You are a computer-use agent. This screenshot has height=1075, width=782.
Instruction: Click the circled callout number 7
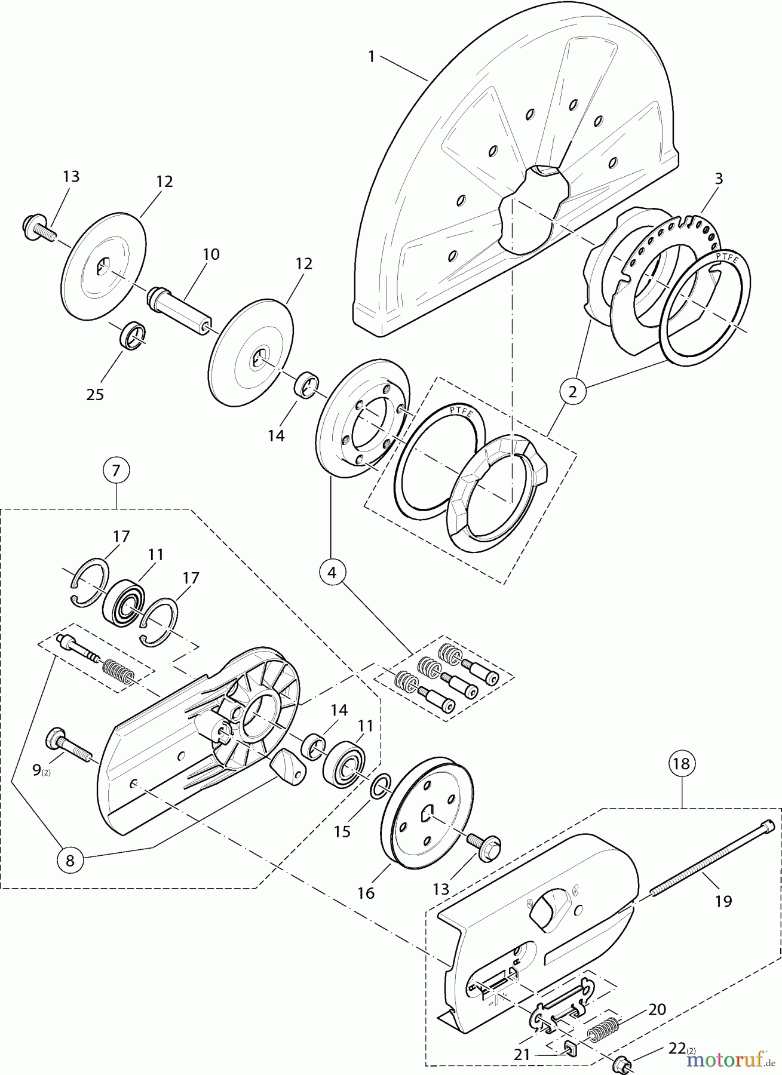pyautogui.click(x=116, y=471)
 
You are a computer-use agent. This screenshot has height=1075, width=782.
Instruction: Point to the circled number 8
pyautogui.click(x=70, y=861)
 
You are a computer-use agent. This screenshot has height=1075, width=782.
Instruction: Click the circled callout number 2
pyautogui.click(x=573, y=392)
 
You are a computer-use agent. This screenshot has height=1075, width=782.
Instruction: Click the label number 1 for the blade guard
pyautogui.click(x=371, y=57)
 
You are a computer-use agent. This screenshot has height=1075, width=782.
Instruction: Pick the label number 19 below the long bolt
pyautogui.click(x=723, y=901)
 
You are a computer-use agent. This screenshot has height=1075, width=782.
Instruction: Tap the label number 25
pyautogui.click(x=95, y=394)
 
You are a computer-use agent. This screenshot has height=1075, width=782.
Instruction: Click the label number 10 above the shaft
pyautogui.click(x=211, y=254)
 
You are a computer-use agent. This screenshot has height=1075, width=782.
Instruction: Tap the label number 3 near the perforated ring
pyautogui.click(x=719, y=179)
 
